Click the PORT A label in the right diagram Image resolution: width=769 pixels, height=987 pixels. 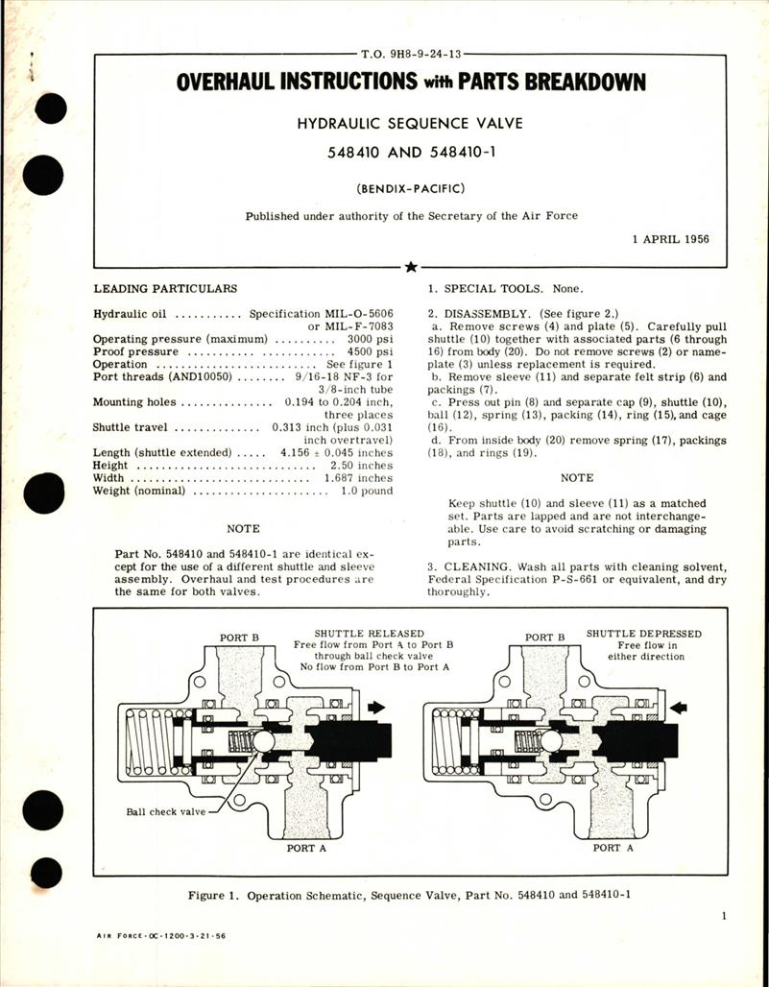(606, 849)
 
